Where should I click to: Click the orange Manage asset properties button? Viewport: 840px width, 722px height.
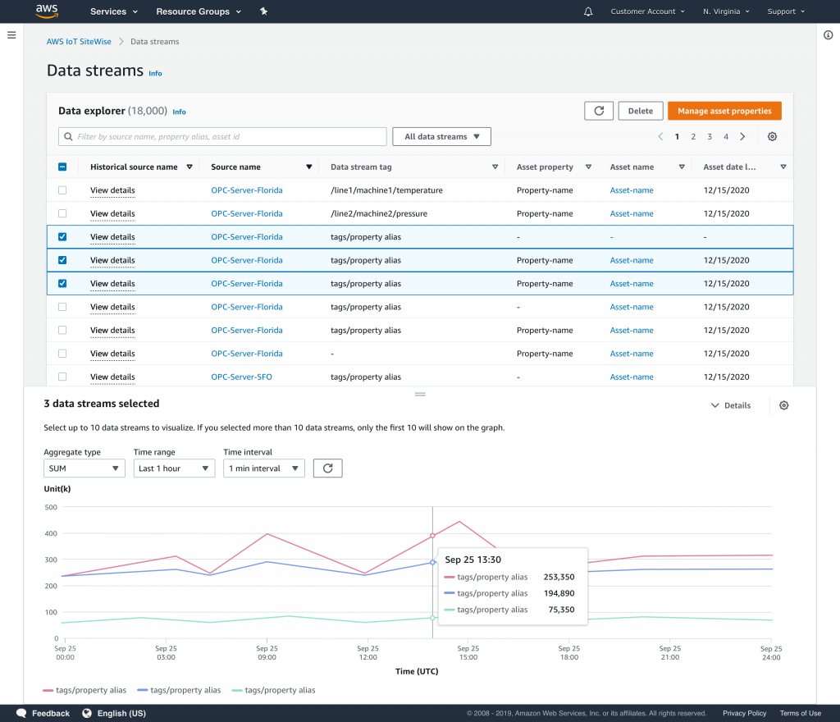pyautogui.click(x=724, y=111)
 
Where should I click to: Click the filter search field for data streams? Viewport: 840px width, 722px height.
pyautogui.click(x=222, y=137)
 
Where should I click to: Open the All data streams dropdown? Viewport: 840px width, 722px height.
pyautogui.click(x=441, y=137)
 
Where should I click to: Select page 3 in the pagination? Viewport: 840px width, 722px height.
pyautogui.click(x=710, y=137)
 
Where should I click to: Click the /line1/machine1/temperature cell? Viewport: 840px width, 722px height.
pyautogui.click(x=386, y=190)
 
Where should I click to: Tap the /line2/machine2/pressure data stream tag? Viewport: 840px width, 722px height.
pyautogui.click(x=380, y=213)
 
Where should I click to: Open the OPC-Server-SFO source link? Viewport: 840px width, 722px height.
pyautogui.click(x=241, y=377)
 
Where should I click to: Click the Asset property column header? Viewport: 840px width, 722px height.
pyautogui.click(x=545, y=167)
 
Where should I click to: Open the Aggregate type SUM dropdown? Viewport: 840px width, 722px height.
pyautogui.click(x=84, y=468)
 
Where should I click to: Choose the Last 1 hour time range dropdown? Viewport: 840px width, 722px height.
pyautogui.click(x=174, y=468)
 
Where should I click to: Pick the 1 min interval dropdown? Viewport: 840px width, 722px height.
pyautogui.click(x=263, y=468)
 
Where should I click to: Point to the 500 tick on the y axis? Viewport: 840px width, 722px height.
pyautogui.click(x=50, y=507)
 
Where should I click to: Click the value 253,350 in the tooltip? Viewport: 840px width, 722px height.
pyautogui.click(x=559, y=577)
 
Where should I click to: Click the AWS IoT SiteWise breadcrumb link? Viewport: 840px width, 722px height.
pyautogui.click(x=79, y=41)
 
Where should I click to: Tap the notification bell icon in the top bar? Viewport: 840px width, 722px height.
pyautogui.click(x=588, y=11)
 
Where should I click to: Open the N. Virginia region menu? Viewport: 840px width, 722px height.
pyautogui.click(x=726, y=11)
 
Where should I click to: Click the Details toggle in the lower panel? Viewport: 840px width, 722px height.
pyautogui.click(x=730, y=405)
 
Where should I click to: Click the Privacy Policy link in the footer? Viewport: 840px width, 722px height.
pyautogui.click(x=744, y=713)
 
